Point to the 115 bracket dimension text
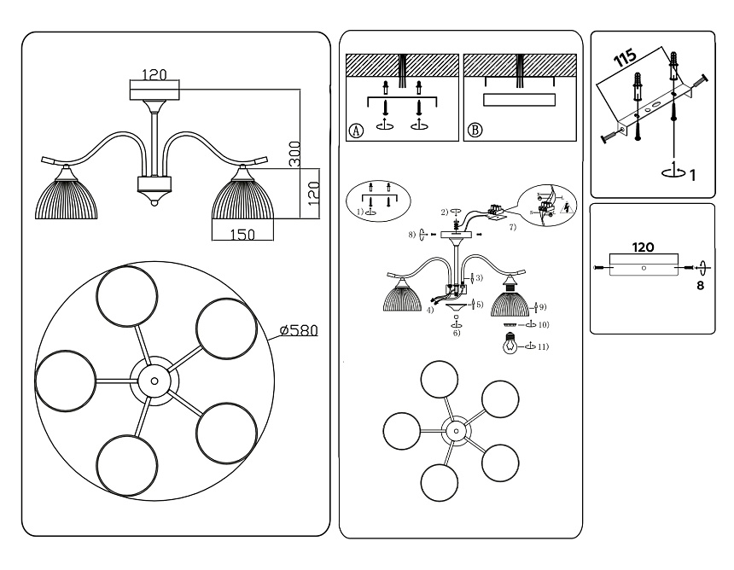coord(625,60)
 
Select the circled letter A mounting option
coord(355,131)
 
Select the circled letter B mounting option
coord(475,131)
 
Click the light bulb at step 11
coord(510,345)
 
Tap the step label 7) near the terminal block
coord(512,229)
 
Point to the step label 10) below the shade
coord(543,325)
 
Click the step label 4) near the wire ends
coord(430,310)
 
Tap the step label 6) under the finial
coord(457,333)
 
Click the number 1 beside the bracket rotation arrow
coord(693,175)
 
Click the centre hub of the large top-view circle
coord(154,381)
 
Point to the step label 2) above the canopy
coord(444,212)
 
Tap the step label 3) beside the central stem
coord(479,278)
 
